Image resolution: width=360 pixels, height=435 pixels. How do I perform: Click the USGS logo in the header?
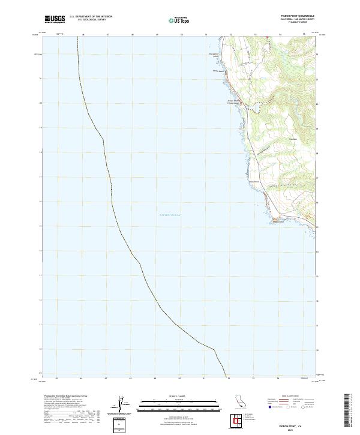point(55,19)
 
